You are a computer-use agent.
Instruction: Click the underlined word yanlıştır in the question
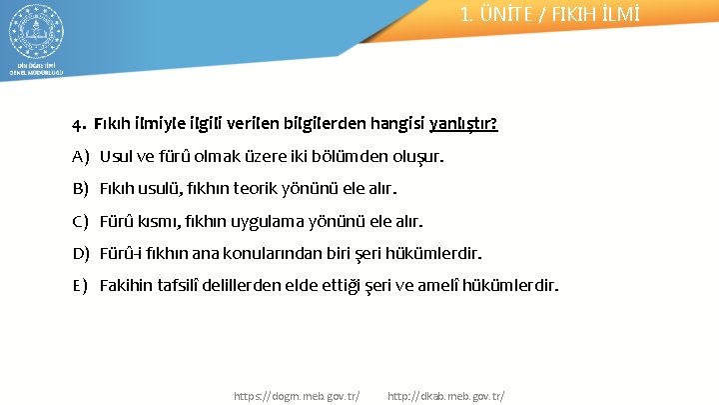pos(464,125)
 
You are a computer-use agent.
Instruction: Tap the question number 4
pos(78,126)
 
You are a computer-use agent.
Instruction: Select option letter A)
pos(81,157)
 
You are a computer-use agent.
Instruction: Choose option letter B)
pos(81,189)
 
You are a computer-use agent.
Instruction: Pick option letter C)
pos(81,221)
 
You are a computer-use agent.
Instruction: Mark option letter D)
pos(81,253)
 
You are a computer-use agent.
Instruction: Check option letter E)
pos(81,285)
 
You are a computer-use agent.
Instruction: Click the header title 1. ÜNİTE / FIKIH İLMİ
pos(549,14)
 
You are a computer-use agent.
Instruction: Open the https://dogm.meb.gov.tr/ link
pos(297,396)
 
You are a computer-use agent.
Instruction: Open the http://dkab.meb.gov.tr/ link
pos(445,396)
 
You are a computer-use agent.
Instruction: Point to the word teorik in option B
pos(265,189)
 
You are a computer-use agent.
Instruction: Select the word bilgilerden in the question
pos(326,125)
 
